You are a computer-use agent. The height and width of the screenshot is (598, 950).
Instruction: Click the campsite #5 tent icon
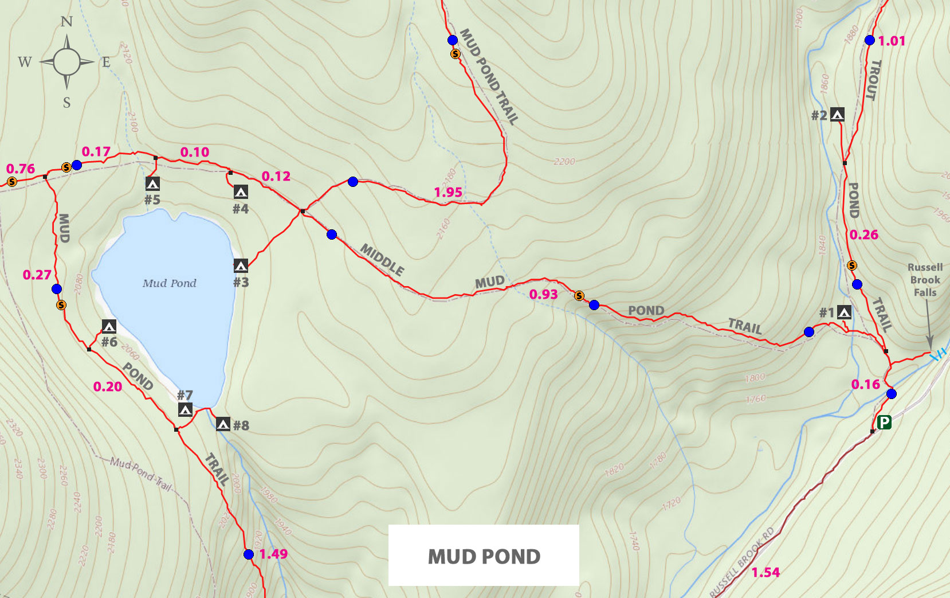(152, 183)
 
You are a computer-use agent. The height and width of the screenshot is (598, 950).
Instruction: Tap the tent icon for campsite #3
(241, 265)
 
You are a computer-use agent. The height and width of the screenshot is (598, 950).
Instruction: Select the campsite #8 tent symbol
(223, 424)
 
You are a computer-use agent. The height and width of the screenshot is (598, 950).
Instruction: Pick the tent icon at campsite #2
(837, 115)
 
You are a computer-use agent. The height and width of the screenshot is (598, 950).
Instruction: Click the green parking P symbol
(884, 423)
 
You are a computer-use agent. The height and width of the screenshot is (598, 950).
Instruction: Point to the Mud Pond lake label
(169, 283)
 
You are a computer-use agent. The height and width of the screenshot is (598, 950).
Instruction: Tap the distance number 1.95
(448, 192)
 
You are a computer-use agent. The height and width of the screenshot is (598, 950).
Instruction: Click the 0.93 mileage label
(543, 295)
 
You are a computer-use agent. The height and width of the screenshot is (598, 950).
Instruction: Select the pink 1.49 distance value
(273, 554)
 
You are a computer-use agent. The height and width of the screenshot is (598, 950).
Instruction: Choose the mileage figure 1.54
(766, 572)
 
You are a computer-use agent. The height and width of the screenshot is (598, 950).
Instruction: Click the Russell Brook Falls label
(925, 280)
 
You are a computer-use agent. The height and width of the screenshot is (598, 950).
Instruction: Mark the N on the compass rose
(67, 22)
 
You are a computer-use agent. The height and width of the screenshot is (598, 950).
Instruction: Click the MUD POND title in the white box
(484, 556)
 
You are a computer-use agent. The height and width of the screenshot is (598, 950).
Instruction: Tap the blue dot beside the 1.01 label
(870, 40)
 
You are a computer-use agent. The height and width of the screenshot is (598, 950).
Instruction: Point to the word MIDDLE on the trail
(382, 259)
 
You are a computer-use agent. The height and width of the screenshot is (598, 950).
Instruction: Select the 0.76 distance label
(21, 169)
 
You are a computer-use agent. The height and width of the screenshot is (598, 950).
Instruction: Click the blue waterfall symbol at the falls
(937, 355)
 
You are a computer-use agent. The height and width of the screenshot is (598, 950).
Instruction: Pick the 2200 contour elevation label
(564, 162)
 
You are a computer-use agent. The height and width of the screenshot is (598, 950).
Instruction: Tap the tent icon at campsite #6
(109, 327)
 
